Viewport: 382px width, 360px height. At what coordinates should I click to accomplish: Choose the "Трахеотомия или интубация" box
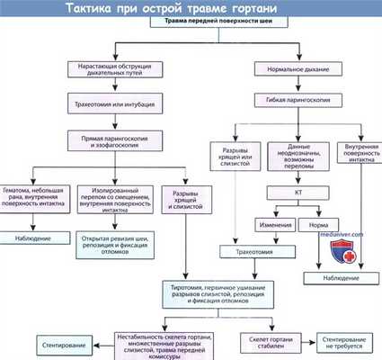point(115,103)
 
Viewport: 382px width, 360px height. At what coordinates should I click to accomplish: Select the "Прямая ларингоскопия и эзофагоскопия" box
point(114,139)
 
